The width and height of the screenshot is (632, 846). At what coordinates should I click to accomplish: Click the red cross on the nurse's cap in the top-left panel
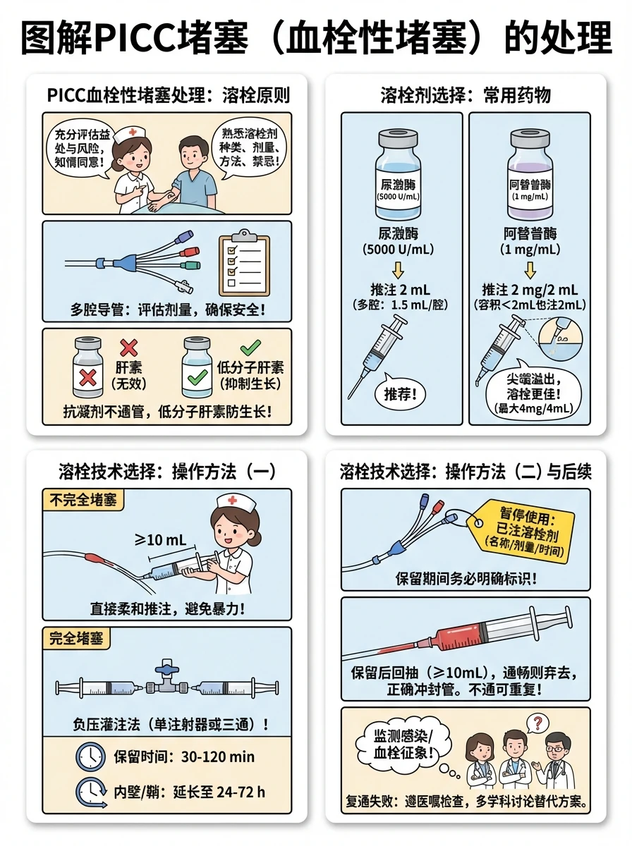click(x=133, y=133)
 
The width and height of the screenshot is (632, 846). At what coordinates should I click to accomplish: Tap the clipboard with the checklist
click(x=244, y=262)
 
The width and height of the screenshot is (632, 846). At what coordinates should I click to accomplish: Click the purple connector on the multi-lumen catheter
click(x=183, y=237)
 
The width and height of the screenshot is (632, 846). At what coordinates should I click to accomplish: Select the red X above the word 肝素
click(x=128, y=348)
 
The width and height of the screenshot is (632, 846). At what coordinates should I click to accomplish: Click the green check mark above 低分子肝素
click(x=250, y=348)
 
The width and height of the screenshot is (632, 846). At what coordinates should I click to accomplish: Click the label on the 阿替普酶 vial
click(x=530, y=190)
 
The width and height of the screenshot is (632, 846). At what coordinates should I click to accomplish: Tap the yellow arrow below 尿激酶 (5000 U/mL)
click(x=398, y=270)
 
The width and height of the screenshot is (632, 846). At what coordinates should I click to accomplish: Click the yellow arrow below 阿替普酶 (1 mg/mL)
click(x=530, y=270)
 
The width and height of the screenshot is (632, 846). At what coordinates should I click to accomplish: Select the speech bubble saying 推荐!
click(x=400, y=393)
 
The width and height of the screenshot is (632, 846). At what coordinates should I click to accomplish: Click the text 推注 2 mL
click(x=400, y=290)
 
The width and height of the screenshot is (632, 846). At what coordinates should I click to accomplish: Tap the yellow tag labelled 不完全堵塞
click(x=83, y=501)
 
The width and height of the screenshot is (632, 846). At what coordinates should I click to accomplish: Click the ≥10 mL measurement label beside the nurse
click(x=160, y=539)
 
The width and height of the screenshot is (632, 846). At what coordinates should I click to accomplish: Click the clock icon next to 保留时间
click(x=90, y=756)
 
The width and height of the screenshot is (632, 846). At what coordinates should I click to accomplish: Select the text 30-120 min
click(x=218, y=756)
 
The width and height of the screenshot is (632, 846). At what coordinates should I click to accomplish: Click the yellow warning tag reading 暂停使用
click(x=521, y=530)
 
